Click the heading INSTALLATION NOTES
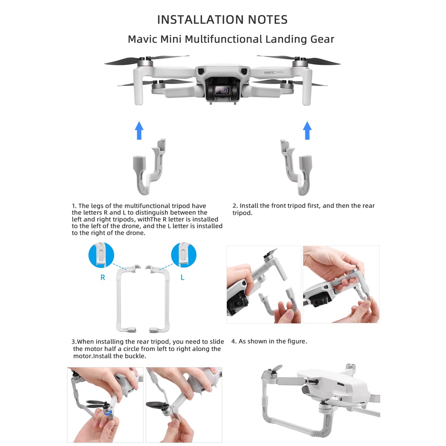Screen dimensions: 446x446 (x=222, y=20)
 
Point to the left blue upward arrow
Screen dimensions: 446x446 (x=139, y=131)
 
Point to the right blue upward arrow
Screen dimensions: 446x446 (x=307, y=131)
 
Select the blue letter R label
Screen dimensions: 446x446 (x=103, y=277)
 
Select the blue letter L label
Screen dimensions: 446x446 (x=182, y=277)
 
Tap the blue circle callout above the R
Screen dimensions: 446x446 (x=101, y=255)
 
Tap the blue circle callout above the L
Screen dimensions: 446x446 (x=184, y=255)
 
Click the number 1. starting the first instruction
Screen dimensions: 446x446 (x=74, y=206)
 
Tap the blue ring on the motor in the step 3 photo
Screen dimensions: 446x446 (x=108, y=412)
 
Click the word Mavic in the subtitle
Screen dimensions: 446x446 (x=142, y=39)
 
